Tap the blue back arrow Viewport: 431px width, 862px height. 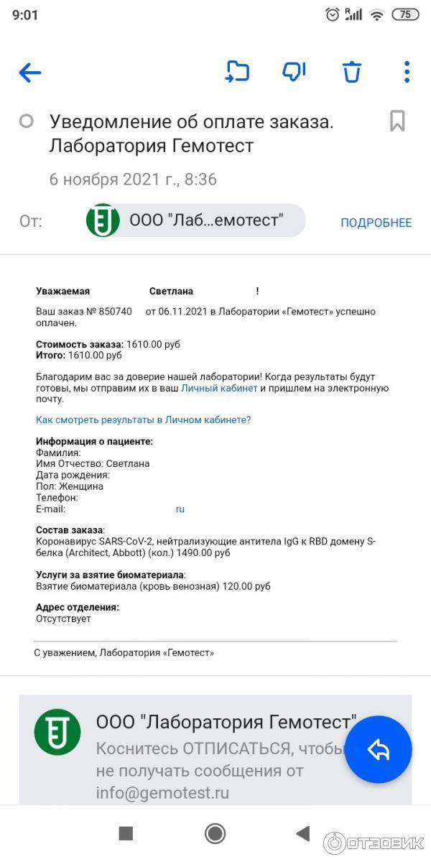(x=30, y=72)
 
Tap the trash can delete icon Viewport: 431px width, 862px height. (x=351, y=72)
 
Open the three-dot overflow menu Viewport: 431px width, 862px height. (x=407, y=72)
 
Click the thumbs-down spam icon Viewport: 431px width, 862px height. (x=294, y=72)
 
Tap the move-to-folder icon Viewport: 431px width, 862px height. (x=237, y=72)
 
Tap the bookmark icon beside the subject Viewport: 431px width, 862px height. (x=397, y=121)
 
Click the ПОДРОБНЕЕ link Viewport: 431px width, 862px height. (x=376, y=223)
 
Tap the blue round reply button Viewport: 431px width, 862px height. (x=378, y=749)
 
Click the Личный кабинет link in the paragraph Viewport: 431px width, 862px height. (x=219, y=389)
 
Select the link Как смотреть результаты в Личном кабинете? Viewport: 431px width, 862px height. (x=143, y=420)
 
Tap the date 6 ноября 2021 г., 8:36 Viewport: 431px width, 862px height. (x=133, y=180)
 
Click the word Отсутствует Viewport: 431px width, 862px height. (x=63, y=618)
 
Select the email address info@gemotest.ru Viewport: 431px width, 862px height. (x=162, y=793)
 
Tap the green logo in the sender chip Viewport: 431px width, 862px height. (x=103, y=221)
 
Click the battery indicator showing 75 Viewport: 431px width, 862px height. (x=405, y=14)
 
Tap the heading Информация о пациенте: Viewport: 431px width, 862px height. (x=94, y=442)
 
